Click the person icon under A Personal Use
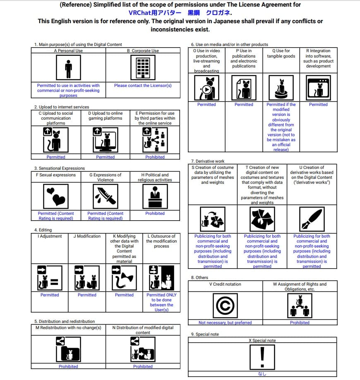click(68, 68)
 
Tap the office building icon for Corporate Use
click(143, 68)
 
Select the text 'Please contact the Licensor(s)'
click(143, 86)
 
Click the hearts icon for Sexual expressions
click(56, 196)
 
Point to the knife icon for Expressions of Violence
click(106, 196)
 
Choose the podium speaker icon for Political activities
click(155, 196)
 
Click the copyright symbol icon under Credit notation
click(225, 305)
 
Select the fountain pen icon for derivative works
click(312, 219)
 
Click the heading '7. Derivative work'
click(207, 161)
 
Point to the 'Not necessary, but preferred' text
click(225, 322)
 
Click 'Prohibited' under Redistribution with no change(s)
click(68, 366)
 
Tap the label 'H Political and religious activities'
click(155, 177)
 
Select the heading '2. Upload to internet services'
click(61, 107)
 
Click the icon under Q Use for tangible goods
click(281, 88)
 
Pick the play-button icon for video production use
click(206, 88)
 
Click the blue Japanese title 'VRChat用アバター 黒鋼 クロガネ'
click(180, 13)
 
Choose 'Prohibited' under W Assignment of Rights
click(300, 322)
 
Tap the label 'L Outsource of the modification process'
click(161, 241)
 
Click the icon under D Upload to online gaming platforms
click(106, 140)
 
